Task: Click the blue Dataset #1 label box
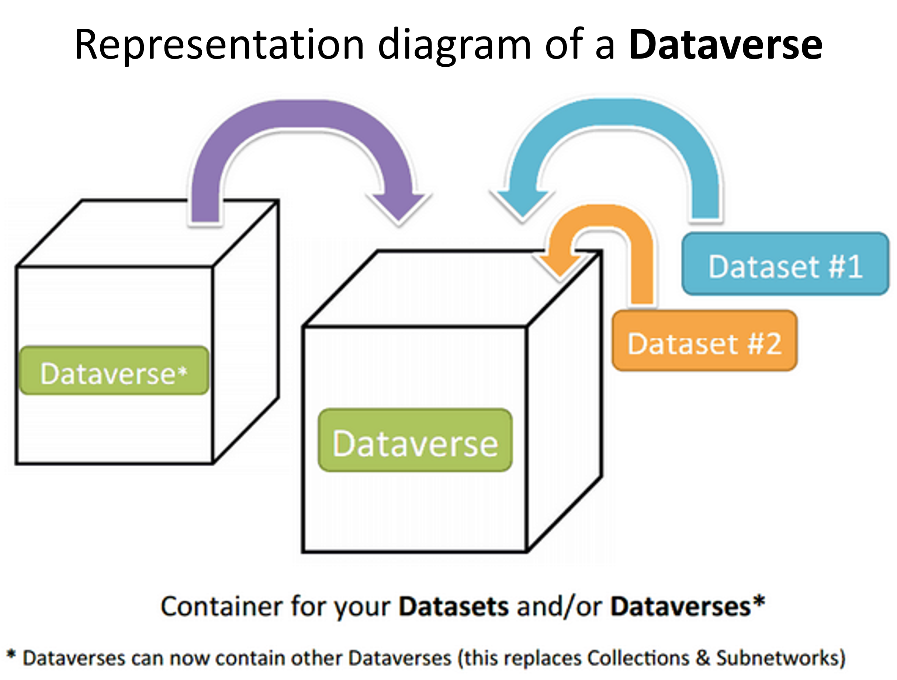click(785, 264)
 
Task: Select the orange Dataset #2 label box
click(704, 341)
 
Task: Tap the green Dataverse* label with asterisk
click(114, 370)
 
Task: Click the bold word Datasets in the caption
click(453, 607)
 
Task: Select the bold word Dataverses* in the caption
click(688, 607)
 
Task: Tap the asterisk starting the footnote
click(11, 655)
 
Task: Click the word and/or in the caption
click(559, 607)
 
